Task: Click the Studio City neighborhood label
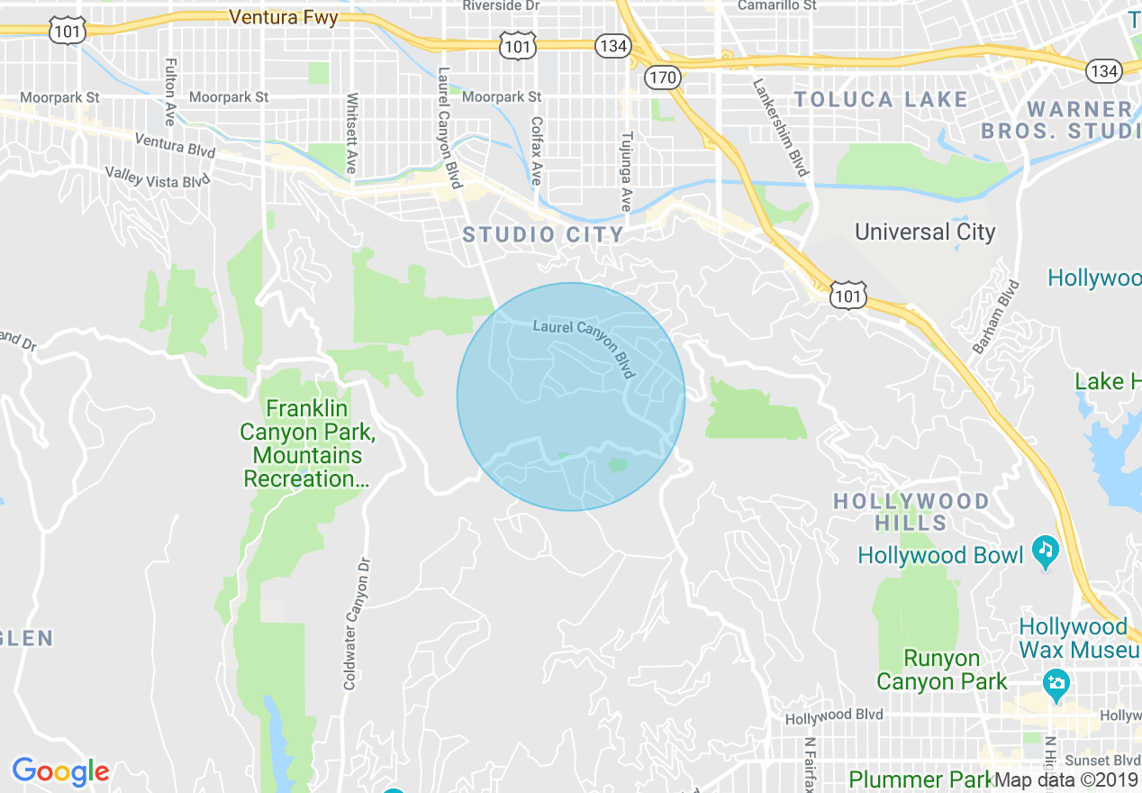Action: coord(543,235)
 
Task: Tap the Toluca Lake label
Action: coord(881,99)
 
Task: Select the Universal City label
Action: coord(925,232)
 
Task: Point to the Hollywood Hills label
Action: coord(911,512)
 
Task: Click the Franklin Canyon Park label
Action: coord(306,444)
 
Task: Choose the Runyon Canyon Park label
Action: coord(942,670)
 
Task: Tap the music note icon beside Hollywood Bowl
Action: coord(1045,550)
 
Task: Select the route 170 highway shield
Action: coord(662,77)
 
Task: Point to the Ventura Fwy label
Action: coord(284,17)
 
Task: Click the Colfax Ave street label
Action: coord(536,150)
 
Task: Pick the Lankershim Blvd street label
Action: coord(781,126)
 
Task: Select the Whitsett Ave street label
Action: coord(351,133)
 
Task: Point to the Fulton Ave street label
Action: coord(169,92)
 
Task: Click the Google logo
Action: coord(60,771)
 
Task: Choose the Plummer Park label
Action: coord(919,779)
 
